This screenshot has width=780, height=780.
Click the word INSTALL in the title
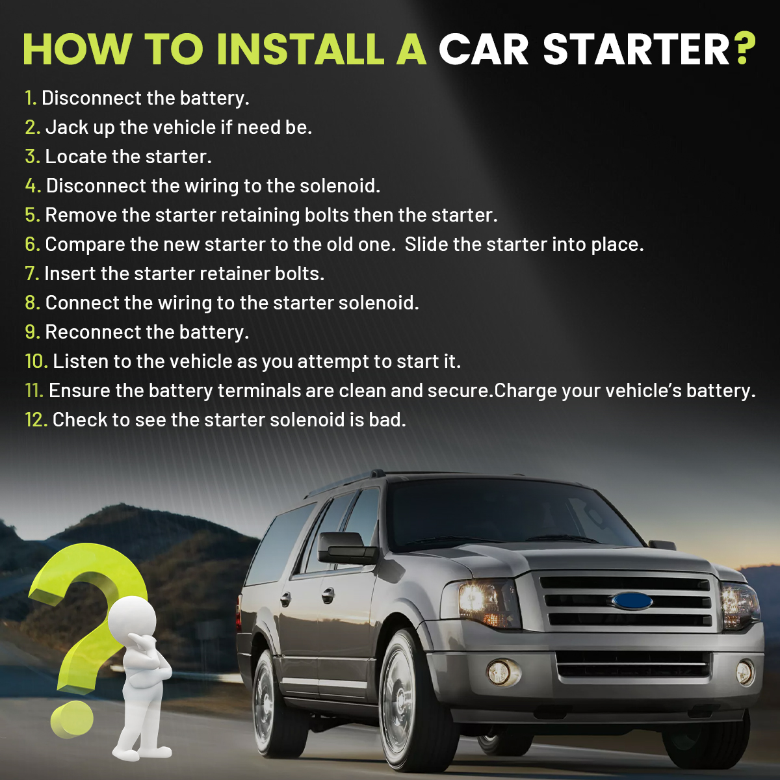click(300, 49)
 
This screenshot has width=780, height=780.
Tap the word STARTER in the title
click(636, 49)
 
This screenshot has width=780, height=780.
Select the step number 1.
click(31, 98)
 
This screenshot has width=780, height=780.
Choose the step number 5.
click(32, 215)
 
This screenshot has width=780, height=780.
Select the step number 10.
click(36, 361)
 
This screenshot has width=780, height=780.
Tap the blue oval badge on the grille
click(632, 601)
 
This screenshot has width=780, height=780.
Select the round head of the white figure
click(132, 619)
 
